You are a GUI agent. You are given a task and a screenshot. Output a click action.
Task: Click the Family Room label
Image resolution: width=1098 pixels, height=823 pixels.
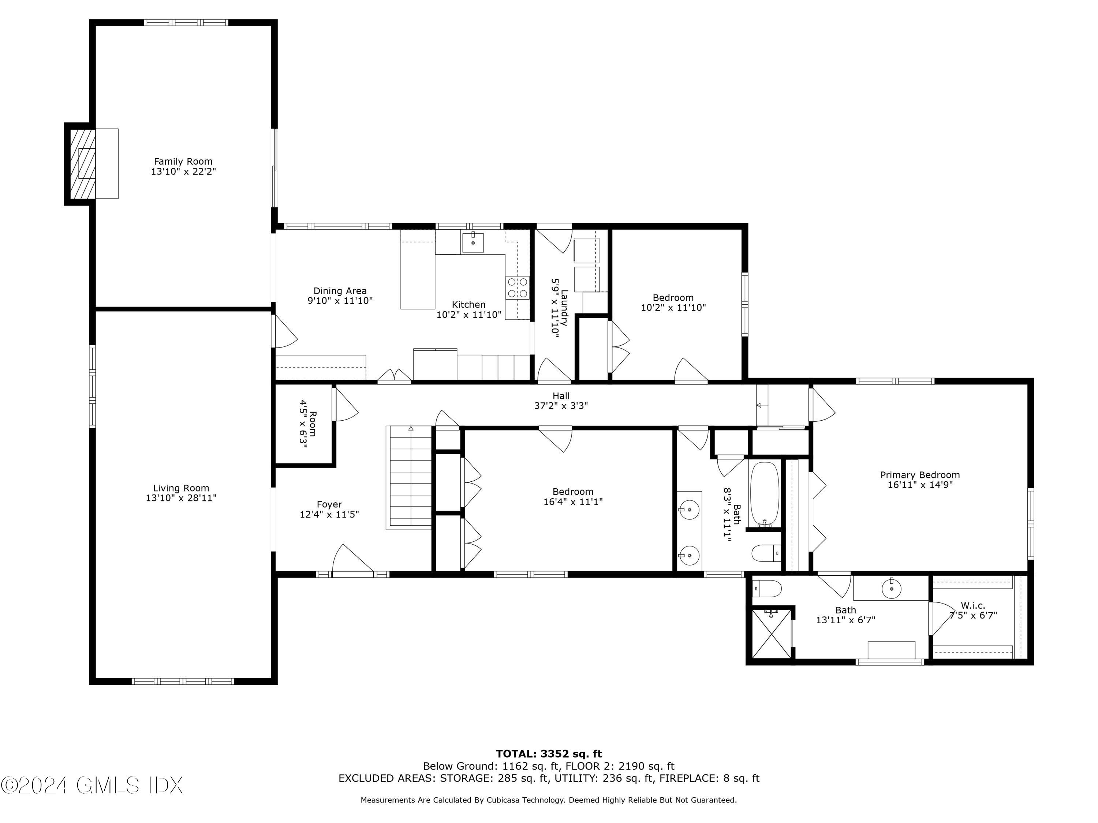click(x=183, y=162)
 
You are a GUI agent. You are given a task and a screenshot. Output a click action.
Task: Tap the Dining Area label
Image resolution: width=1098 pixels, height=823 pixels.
click(x=340, y=291)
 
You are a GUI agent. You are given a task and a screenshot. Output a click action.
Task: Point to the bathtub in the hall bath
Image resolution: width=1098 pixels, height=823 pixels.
click(x=765, y=493)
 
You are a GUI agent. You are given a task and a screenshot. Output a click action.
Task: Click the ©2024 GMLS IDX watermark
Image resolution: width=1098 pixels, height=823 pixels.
click(x=92, y=786)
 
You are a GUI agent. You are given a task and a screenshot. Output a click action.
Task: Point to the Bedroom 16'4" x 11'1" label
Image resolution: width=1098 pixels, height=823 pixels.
click(x=573, y=497)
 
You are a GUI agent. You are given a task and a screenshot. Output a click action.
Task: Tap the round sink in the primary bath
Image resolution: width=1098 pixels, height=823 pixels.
click(x=892, y=589)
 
